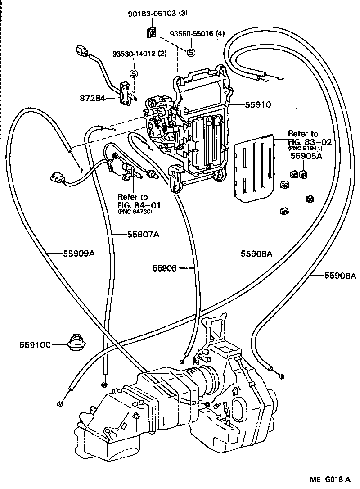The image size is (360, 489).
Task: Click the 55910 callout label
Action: pyautogui.click(x=258, y=104)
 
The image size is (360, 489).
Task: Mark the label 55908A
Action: pyautogui.click(x=256, y=254)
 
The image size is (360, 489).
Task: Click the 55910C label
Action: pyautogui.click(x=35, y=345)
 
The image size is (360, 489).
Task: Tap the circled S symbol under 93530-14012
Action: pyautogui.click(x=134, y=73)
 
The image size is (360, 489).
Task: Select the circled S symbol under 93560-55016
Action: pyautogui.click(x=190, y=52)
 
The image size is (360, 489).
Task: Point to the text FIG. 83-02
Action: pyautogui.click(x=309, y=142)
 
